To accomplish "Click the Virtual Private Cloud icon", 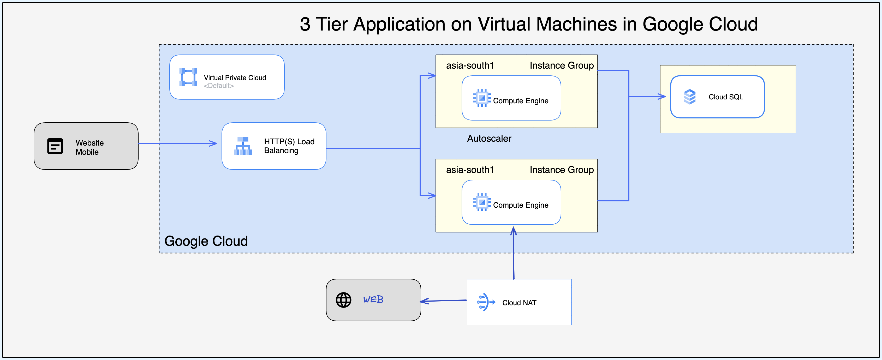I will pyautogui.click(x=188, y=77).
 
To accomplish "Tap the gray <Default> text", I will pyautogui.click(x=218, y=86).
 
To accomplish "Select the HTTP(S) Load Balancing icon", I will pyautogui.click(x=243, y=146).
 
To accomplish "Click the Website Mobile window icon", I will pyautogui.click(x=55, y=146).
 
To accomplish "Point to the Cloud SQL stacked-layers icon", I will pyautogui.click(x=689, y=97).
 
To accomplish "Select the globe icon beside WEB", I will pyautogui.click(x=343, y=300).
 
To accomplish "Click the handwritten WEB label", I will pyautogui.click(x=373, y=300).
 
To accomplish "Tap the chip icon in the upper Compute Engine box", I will pyautogui.click(x=482, y=98).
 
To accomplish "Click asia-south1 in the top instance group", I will pyautogui.click(x=470, y=66).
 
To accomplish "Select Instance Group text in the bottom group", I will pyautogui.click(x=562, y=170).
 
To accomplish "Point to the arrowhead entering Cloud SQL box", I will pyautogui.click(x=663, y=97).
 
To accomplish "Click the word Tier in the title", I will pyautogui.click(x=331, y=25).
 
